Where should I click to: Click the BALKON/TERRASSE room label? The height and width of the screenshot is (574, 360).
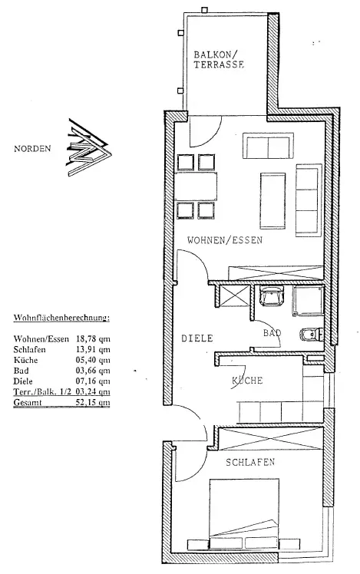219,60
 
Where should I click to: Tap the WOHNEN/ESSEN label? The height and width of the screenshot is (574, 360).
224,240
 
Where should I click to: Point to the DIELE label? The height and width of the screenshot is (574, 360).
197,338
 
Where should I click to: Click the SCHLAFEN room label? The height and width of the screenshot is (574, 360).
250,462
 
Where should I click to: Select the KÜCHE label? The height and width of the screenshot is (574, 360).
247,381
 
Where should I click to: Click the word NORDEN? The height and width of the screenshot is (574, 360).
32,149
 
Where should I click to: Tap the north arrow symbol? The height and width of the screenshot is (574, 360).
89,147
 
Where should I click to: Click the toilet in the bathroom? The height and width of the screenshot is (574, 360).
312,334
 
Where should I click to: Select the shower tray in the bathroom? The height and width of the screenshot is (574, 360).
308,301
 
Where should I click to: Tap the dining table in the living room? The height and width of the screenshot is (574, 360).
196,186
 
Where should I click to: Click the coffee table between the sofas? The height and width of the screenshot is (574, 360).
272,200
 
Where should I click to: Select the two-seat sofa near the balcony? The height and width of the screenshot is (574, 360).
268,146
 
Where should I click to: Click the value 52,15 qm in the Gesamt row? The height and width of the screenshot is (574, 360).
93,403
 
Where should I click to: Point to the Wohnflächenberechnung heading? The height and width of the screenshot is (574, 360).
61,318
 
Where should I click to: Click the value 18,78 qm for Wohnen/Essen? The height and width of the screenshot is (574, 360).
93,339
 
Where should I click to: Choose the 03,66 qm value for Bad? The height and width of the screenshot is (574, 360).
93,371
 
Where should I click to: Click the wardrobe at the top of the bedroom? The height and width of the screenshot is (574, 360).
271,438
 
